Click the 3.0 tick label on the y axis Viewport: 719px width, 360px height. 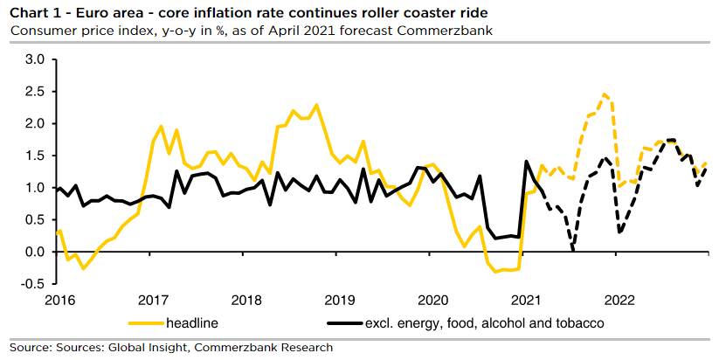(33, 59)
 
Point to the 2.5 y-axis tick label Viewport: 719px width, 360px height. (33, 92)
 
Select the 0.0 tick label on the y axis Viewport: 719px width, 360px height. (33, 252)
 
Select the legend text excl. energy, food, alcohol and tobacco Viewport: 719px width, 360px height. (484, 323)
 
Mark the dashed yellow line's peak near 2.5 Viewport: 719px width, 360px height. (604, 93)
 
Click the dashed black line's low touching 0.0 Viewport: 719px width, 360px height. (572, 251)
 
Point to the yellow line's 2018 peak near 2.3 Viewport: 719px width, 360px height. (316, 105)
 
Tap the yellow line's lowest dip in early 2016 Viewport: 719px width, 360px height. (83, 268)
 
